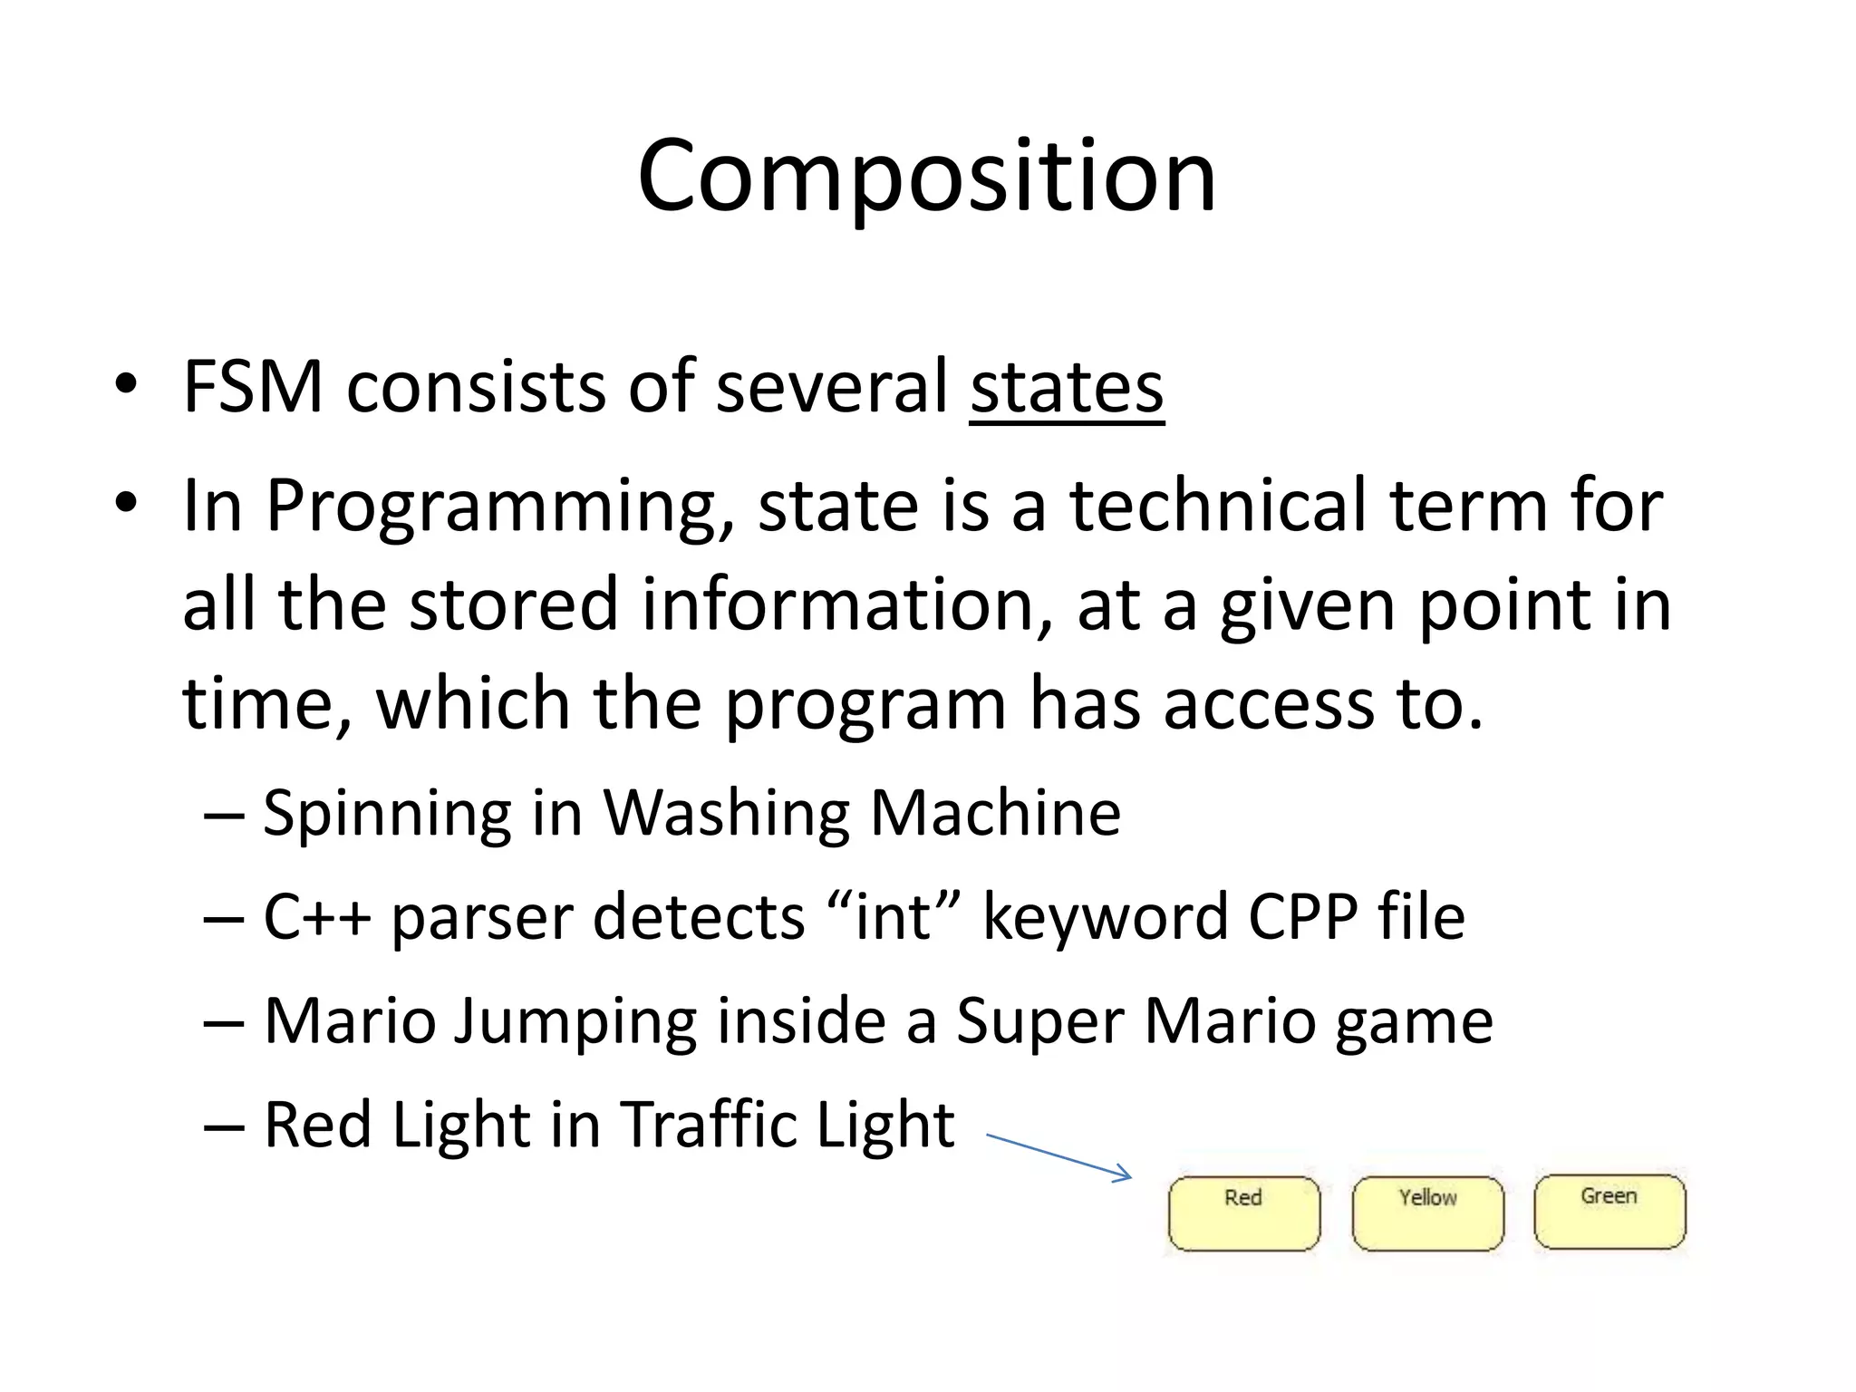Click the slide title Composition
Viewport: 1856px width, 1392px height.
tap(926, 176)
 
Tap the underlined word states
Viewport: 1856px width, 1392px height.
tap(1067, 387)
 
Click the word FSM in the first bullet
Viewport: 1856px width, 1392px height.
tap(253, 387)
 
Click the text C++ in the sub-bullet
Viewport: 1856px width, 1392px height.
tap(316, 916)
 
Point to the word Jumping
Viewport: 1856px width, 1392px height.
tap(575, 1022)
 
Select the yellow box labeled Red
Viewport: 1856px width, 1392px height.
tap(1243, 1213)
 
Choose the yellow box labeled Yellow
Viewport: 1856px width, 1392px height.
tap(1427, 1213)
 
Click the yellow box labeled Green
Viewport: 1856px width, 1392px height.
tap(1609, 1212)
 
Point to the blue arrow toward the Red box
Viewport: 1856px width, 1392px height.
tap(1058, 1156)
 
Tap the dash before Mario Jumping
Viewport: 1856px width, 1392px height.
tap(224, 1022)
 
